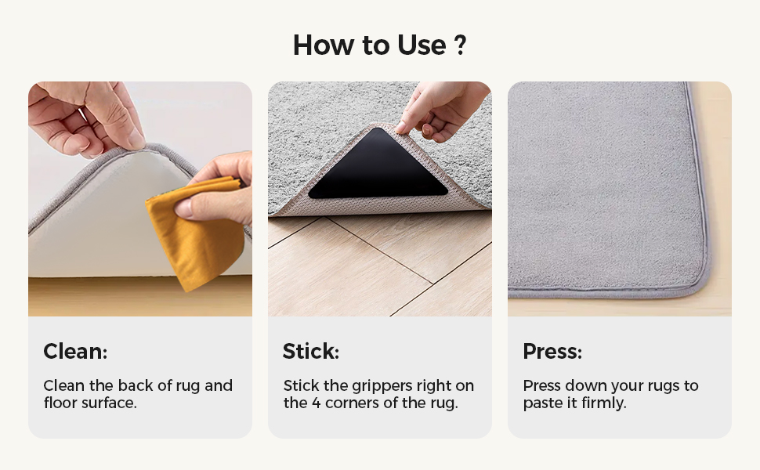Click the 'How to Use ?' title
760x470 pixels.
tap(379, 45)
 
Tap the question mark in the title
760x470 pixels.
tap(460, 45)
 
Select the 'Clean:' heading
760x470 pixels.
tap(75, 352)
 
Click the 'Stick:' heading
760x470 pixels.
tap(311, 352)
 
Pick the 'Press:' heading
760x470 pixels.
tap(552, 352)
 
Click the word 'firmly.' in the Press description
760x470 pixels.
tap(604, 404)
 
